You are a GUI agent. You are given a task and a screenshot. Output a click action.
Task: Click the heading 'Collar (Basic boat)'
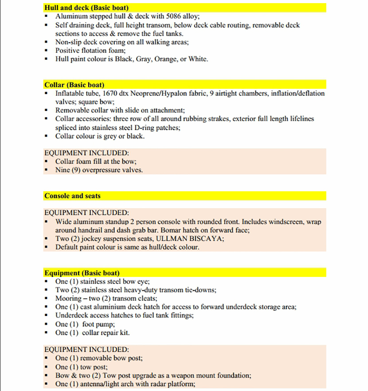click(74, 85)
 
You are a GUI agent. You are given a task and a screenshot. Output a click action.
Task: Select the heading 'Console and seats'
click(72, 196)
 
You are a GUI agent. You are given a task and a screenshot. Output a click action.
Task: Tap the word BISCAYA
click(204, 239)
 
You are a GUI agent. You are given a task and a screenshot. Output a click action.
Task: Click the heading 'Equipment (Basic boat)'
click(82, 273)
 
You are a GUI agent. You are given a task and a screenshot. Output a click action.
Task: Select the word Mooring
click(68, 298)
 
